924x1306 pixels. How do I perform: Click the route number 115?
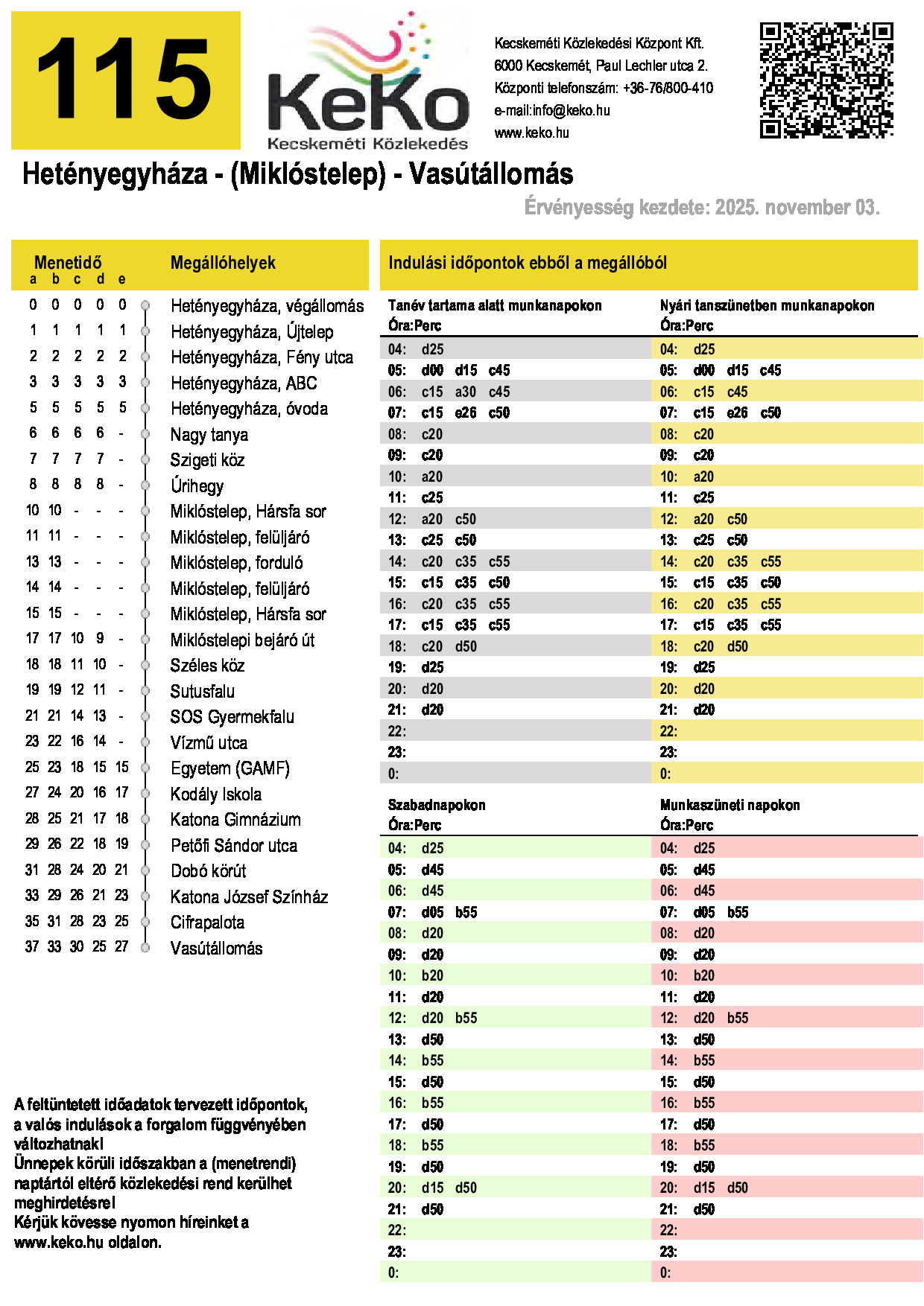click(x=125, y=80)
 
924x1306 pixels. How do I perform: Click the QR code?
click(x=826, y=80)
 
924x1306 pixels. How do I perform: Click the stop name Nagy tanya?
click(x=209, y=435)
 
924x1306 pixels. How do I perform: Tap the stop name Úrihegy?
click(x=197, y=486)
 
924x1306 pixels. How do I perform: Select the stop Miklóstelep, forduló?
click(x=236, y=563)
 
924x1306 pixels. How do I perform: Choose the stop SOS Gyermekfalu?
click(x=232, y=717)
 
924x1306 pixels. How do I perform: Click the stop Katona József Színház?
click(x=249, y=897)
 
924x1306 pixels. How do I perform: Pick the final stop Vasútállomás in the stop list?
click(x=216, y=949)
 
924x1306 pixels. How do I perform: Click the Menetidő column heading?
click(x=68, y=263)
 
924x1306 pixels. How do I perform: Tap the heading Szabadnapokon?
click(x=437, y=806)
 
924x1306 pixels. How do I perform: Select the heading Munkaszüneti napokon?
click(x=730, y=806)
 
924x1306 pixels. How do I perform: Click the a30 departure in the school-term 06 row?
click(x=466, y=392)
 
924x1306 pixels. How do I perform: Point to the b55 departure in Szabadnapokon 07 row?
click(x=466, y=913)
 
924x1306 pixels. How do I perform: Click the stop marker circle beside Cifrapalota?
click(x=145, y=923)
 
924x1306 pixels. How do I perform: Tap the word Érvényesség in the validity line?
click(x=578, y=208)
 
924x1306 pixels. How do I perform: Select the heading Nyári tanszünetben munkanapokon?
click(x=767, y=306)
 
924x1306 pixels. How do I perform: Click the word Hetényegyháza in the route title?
click(x=115, y=174)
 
